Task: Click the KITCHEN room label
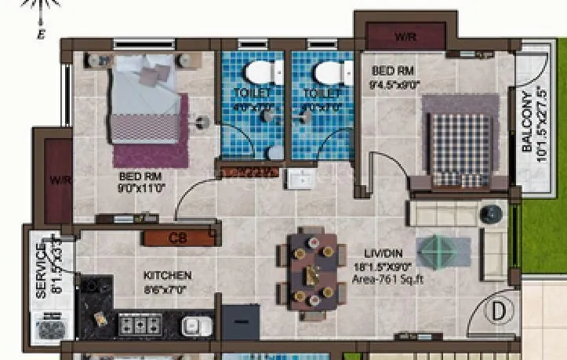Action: [x=167, y=276]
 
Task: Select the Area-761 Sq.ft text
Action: [x=387, y=278]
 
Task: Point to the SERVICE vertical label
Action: [x=41, y=269]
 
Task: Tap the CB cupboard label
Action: [x=178, y=238]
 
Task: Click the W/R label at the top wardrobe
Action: [x=405, y=36]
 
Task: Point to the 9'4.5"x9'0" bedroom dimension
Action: [x=395, y=85]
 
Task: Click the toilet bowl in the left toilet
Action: [x=256, y=73]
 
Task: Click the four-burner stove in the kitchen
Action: [x=140, y=322]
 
